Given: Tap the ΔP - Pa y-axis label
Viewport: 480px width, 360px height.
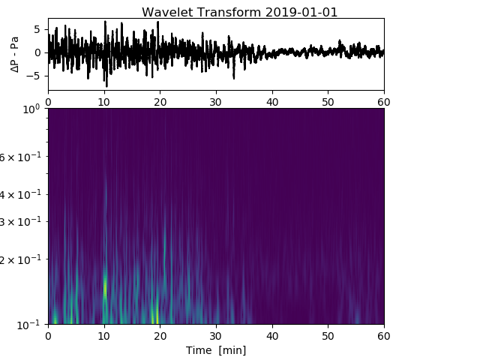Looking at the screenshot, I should coord(15,52).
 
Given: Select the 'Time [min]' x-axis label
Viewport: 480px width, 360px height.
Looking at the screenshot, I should coord(216,350).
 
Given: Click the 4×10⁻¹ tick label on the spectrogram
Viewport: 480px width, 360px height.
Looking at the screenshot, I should coord(23,194).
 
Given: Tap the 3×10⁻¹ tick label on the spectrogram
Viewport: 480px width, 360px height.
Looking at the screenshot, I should coord(23,221).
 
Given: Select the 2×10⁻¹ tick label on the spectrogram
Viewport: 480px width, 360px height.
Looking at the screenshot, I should coord(23,259).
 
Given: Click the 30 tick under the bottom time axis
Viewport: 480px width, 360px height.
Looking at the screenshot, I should coord(216,335).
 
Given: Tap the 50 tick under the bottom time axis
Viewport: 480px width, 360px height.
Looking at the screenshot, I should coord(328,335).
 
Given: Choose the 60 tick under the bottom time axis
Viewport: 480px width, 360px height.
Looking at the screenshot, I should coord(384,335).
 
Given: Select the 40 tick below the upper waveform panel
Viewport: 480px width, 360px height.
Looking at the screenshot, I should coord(272,100).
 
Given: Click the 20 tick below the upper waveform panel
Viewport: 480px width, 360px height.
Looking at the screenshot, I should coord(160,100).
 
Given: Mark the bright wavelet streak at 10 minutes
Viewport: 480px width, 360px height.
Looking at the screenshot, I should coord(105,285).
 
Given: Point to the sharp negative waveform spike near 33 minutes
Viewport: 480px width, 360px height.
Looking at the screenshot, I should coord(233,76).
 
